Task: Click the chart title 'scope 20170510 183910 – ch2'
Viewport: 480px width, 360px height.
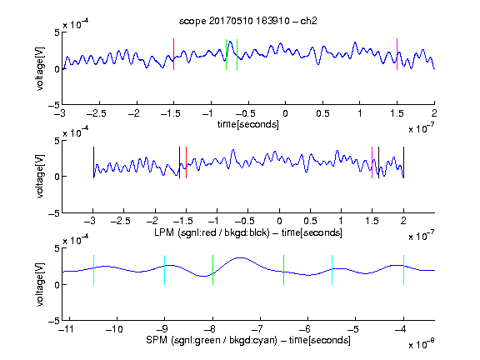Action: coord(248,21)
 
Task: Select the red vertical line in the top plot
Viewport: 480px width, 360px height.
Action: coord(174,54)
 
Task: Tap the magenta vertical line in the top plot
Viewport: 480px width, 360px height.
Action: coord(397,54)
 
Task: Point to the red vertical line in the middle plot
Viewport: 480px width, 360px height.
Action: coord(186,162)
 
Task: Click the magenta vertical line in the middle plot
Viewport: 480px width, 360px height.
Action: coord(372,162)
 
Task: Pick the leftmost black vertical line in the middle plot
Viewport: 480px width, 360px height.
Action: coord(93,162)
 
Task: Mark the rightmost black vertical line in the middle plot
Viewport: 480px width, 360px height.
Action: coord(404,162)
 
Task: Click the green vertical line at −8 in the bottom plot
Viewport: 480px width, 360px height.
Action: coord(212,270)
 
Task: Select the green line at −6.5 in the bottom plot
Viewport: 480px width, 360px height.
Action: coord(284,270)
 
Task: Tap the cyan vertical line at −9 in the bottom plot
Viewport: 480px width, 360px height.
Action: coord(165,270)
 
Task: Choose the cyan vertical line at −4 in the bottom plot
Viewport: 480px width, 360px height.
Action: coord(404,270)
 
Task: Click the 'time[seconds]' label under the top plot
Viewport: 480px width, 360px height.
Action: coord(248,124)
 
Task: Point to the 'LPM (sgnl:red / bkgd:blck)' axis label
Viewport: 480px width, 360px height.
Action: coord(212,232)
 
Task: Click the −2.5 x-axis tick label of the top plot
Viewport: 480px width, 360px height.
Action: coord(97,113)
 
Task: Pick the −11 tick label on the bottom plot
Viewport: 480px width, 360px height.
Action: coord(67,329)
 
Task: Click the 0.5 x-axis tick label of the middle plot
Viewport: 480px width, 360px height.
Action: coord(310,221)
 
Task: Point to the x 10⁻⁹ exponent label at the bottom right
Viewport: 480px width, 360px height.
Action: coord(422,344)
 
